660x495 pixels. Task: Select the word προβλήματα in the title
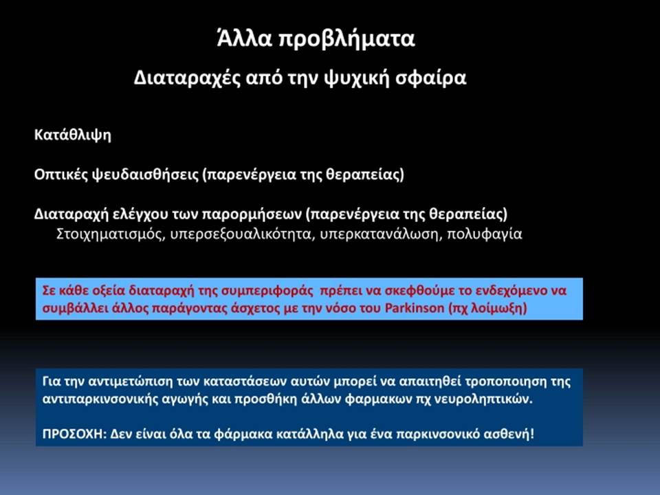(x=347, y=40)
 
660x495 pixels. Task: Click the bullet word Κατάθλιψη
(x=73, y=135)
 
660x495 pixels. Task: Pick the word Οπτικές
(x=60, y=174)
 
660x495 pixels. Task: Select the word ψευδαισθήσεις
(x=146, y=174)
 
